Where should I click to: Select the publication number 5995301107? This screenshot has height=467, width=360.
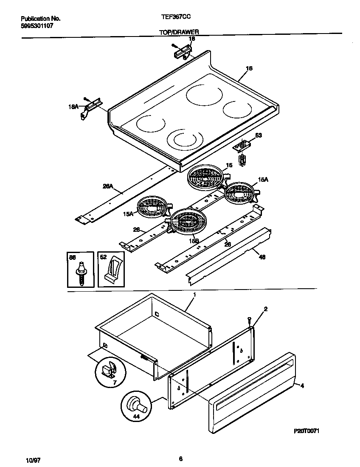(x=37, y=26)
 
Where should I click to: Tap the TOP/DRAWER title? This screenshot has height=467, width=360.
(x=179, y=32)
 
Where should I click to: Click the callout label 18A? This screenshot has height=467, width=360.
(x=74, y=107)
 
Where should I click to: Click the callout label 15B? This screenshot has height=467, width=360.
(x=194, y=241)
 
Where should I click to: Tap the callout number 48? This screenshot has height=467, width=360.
(x=262, y=257)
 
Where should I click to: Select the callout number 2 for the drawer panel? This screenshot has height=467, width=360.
(x=266, y=309)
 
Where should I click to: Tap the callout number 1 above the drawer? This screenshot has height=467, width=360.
(x=194, y=294)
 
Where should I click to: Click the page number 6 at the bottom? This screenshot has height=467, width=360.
(x=180, y=459)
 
